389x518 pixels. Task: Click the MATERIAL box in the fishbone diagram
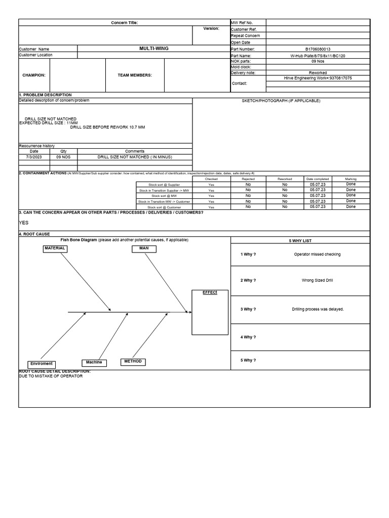tap(55, 248)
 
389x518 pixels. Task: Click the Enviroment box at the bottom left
tap(41, 364)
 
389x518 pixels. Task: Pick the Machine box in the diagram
tap(94, 362)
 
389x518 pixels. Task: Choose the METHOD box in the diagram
tap(133, 362)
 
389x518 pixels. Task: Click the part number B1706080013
tap(318, 49)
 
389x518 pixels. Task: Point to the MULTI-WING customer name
tap(154, 49)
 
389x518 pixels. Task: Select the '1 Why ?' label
tap(248, 254)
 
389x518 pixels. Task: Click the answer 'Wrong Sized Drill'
tap(318, 280)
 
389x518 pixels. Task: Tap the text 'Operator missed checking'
tap(318, 254)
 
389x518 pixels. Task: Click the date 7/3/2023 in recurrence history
tap(33, 157)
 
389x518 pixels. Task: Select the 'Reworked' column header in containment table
tap(285, 179)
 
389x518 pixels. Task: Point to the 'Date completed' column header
tap(318, 179)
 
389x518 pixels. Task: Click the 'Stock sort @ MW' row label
tap(164, 196)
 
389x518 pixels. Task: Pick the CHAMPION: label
tap(34, 75)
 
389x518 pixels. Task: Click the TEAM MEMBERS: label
tap(135, 75)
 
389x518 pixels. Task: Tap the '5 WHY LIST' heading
tap(300, 241)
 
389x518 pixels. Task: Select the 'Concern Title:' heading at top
tap(124, 23)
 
